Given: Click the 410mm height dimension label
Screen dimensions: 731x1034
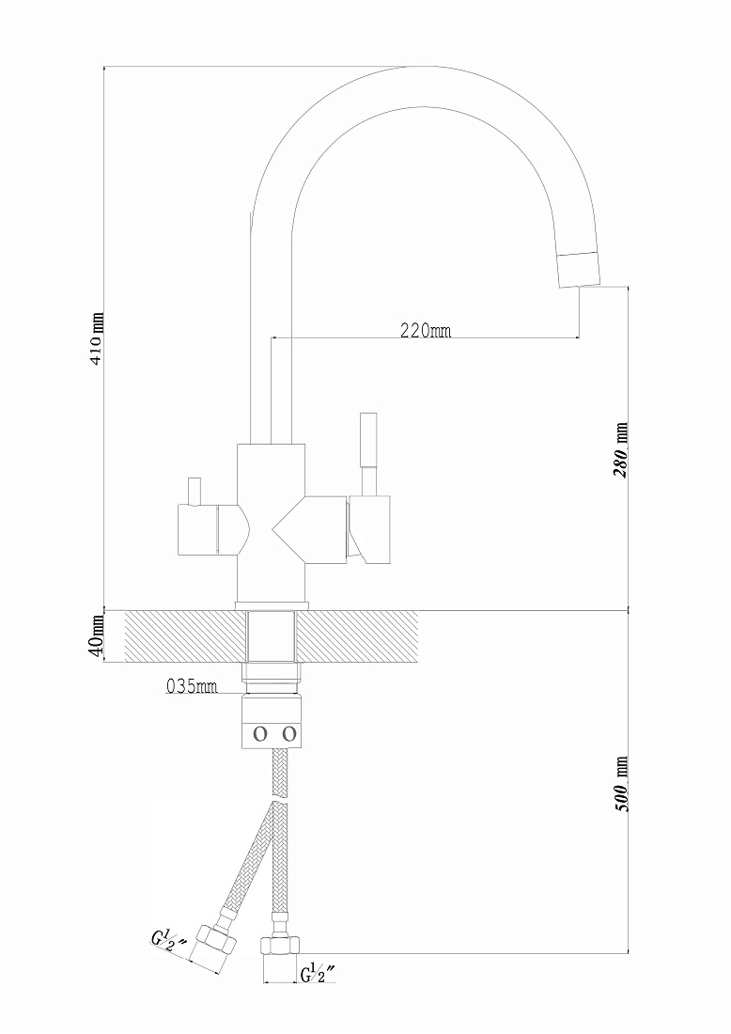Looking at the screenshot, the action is click(97, 339).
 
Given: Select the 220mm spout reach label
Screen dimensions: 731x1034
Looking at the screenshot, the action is click(426, 330).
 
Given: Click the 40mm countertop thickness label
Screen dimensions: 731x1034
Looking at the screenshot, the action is click(97, 635).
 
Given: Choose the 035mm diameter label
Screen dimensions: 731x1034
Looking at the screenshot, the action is click(191, 686).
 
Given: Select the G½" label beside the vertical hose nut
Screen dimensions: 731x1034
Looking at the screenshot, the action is click(319, 973).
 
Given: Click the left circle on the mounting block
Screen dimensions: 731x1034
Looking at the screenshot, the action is click(260, 733).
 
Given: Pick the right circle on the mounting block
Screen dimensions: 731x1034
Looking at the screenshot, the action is click(288, 733).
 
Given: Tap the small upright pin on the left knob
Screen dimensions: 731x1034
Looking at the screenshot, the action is click(194, 491).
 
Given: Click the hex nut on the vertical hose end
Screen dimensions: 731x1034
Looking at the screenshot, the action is click(278, 945).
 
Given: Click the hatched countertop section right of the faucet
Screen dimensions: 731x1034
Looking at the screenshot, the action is click(357, 635).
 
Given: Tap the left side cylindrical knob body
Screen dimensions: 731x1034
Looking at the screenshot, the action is click(197, 529).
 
